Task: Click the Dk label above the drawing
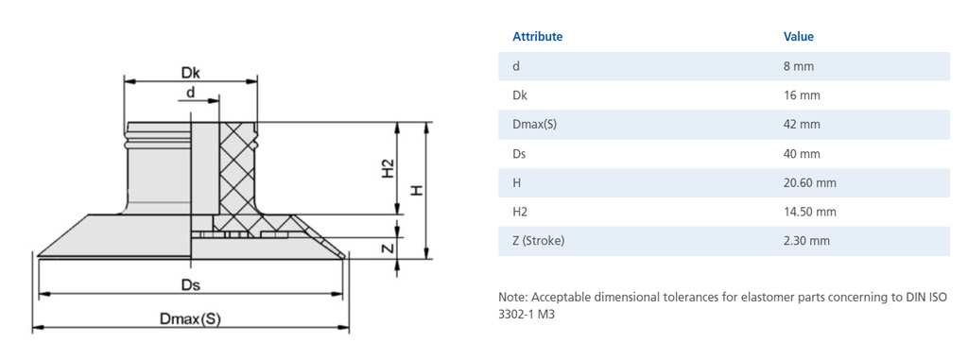(x=191, y=72)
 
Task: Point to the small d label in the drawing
(x=191, y=92)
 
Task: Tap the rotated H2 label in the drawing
(x=388, y=168)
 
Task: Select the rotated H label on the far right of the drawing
(x=418, y=190)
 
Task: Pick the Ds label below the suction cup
(x=190, y=285)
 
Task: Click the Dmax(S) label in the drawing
(x=190, y=318)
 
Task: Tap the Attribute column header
(x=537, y=37)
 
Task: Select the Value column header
(x=798, y=37)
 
